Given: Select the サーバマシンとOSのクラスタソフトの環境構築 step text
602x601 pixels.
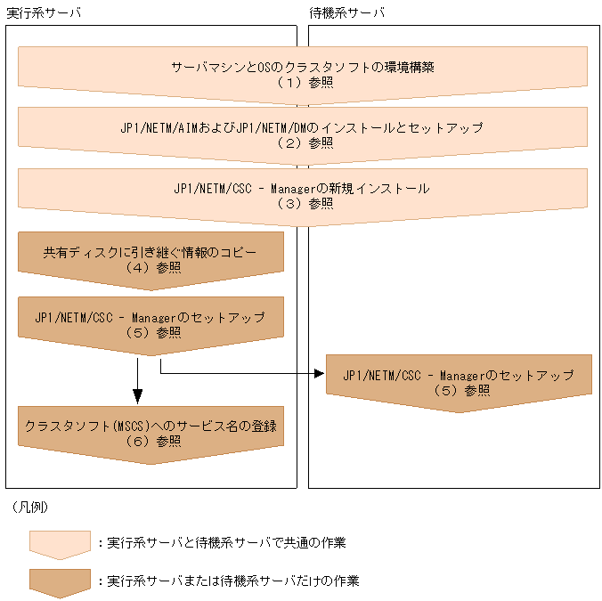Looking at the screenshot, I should tap(303, 67).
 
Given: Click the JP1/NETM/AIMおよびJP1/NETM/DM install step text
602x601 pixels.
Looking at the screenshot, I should tap(303, 127).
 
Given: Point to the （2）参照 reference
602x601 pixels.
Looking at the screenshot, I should tap(303, 142).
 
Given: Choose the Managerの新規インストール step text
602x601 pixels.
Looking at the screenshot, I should tap(303, 188).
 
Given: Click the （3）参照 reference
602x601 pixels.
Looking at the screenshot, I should tap(303, 203).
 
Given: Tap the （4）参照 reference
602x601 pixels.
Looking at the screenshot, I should tap(150, 267).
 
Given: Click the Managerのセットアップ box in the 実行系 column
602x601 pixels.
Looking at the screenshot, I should tap(150, 321).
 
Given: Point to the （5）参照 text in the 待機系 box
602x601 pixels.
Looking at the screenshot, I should tap(460, 390).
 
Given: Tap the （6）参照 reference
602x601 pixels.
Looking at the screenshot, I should tap(150, 442).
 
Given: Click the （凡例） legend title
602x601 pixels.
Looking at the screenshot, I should tap(31, 507).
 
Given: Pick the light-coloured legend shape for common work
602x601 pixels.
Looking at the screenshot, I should tap(60, 544).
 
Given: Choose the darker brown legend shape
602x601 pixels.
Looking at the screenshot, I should tap(60, 582).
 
